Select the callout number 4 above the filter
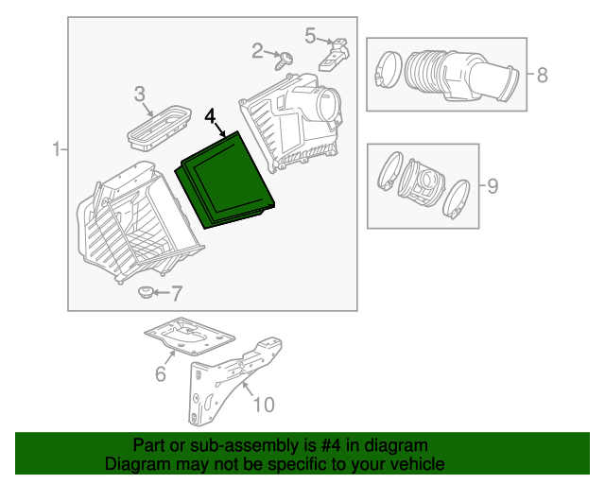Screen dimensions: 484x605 point(210,116)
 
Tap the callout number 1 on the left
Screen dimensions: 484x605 point(56,148)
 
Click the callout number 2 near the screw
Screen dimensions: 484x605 point(257,51)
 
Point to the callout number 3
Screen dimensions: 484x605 point(139,94)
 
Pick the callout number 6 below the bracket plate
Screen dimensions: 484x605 point(161,374)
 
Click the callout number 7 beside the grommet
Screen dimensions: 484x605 point(177,293)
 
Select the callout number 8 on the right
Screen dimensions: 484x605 point(542,75)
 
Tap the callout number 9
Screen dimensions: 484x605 point(492,185)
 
